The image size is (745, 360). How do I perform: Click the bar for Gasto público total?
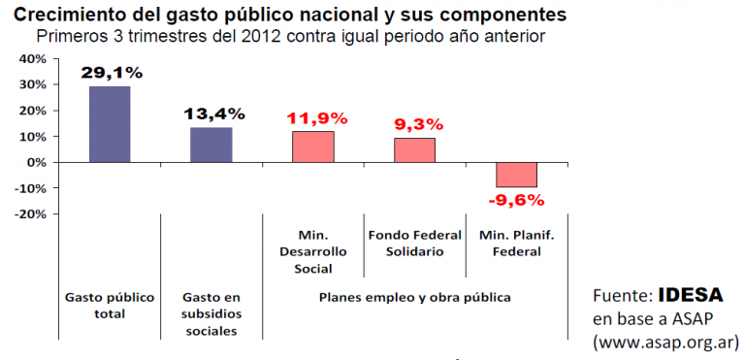coord(110,124)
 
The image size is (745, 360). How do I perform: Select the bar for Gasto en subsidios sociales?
coord(211,145)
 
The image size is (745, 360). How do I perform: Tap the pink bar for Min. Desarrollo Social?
coord(312,147)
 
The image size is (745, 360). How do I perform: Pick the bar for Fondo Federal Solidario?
coord(414,150)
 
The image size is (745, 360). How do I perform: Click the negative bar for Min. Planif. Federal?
coord(516,175)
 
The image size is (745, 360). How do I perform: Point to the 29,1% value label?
coord(112,72)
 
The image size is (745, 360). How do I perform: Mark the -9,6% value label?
coord(515,200)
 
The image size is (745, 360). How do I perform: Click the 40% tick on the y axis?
coord(32,59)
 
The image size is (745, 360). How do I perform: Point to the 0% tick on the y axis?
coord(36,162)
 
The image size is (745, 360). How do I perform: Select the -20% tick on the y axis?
coord(30,214)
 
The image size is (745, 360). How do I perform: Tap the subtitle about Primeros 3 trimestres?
coord(291,37)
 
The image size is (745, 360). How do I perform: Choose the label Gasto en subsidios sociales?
coord(211,313)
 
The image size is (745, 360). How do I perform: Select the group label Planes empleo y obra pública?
coord(414,296)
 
